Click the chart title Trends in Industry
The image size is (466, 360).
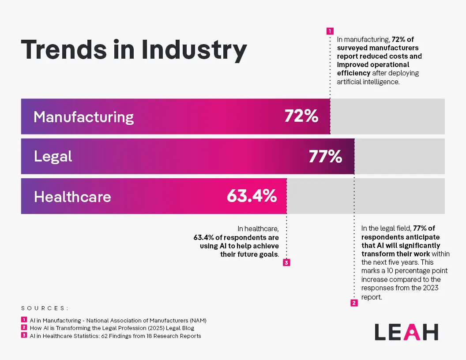pos(134,50)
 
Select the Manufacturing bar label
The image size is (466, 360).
pos(83,117)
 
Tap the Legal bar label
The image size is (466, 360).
pos(53,156)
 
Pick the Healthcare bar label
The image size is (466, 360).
pos(72,196)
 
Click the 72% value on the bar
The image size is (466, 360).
pos(301,116)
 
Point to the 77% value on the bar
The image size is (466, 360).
pos(325,156)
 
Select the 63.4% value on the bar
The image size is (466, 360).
pos(252,196)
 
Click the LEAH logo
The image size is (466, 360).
pos(406,332)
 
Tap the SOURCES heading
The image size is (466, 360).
pos(45,308)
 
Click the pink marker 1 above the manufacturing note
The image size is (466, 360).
pos(330,31)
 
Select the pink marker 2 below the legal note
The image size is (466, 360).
pos(354,303)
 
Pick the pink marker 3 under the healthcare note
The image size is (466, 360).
pos(286,263)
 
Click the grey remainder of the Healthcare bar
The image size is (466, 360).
pos(365,196)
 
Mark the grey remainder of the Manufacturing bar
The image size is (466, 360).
pos(387,116)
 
